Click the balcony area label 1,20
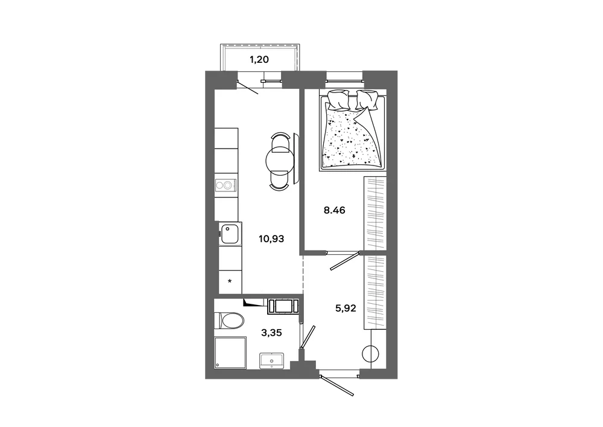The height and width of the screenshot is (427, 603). [x=259, y=60]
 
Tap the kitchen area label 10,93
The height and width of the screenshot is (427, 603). [x=271, y=239]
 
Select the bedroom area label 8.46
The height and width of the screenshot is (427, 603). [x=334, y=210]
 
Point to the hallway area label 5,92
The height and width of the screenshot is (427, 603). [x=346, y=308]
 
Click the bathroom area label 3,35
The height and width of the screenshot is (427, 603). [x=271, y=333]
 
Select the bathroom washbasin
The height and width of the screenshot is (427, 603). [x=271, y=361]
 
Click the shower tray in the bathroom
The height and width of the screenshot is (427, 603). [x=230, y=353]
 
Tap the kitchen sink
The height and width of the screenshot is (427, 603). [x=230, y=234]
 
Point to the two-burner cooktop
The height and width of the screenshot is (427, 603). [x=226, y=185]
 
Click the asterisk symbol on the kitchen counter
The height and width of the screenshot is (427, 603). [x=230, y=281]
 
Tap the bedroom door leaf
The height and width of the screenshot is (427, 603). [x=345, y=262]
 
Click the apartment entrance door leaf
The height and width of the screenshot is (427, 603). [x=336, y=384]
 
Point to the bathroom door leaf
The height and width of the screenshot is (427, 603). [x=308, y=337]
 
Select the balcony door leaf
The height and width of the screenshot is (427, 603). [x=247, y=88]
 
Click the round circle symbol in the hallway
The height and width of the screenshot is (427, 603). [x=371, y=353]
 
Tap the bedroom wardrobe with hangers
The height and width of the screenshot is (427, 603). [x=375, y=213]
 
